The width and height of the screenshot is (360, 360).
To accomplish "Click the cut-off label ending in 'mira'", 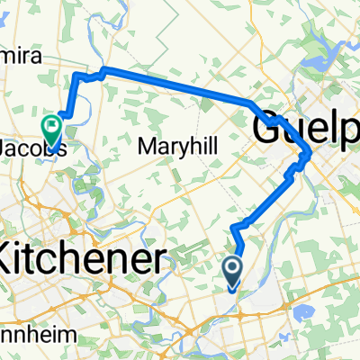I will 18,53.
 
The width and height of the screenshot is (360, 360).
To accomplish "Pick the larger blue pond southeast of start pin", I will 296,311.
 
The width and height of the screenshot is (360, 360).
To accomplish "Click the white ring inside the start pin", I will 231,267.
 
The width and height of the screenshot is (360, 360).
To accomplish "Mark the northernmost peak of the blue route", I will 104,68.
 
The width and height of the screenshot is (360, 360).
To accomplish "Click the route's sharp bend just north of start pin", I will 236,226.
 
